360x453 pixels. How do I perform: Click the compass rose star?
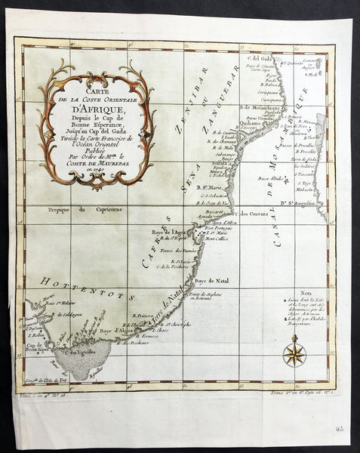(294, 353)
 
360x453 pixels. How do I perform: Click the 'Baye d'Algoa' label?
(116, 331)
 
